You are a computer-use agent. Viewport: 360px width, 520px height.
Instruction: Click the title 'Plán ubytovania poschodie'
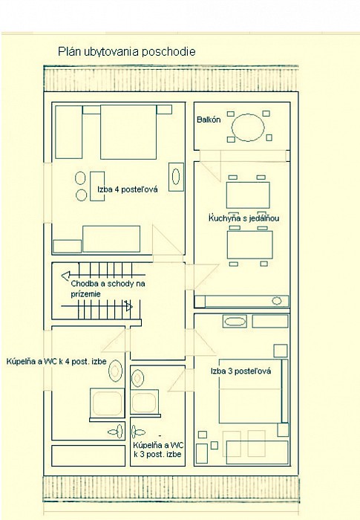point(127,52)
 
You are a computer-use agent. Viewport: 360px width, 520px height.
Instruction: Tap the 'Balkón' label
point(209,120)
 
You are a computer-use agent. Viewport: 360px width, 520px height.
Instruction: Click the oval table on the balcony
point(248,127)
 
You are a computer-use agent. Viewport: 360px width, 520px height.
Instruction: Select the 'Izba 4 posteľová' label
point(128,189)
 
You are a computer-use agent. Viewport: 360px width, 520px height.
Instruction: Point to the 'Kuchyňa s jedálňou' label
point(243,218)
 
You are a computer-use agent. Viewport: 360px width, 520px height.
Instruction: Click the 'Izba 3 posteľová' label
point(240,371)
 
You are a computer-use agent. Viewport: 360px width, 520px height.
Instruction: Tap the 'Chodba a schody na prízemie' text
point(108,288)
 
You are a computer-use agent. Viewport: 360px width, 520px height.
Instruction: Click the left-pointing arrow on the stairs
point(103,275)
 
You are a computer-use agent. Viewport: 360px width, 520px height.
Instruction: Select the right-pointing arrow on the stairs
point(96,306)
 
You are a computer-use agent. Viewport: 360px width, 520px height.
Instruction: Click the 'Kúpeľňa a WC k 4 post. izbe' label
point(56,361)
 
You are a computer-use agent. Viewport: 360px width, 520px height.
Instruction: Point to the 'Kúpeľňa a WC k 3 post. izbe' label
point(158,449)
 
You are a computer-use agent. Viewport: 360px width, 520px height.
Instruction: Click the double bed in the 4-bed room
point(128,132)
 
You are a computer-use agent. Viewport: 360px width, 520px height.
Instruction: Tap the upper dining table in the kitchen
point(248,195)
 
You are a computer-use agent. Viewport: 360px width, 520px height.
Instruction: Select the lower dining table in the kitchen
point(249,244)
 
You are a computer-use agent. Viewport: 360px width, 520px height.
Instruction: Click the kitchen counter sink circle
point(277,301)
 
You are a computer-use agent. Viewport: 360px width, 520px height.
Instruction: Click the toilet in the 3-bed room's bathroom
point(138,432)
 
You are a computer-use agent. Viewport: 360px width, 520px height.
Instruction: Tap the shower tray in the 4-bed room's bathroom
point(107,403)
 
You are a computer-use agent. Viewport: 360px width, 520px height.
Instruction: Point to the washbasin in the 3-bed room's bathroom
point(137,378)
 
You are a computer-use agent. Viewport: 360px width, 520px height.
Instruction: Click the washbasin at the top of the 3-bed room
point(235,322)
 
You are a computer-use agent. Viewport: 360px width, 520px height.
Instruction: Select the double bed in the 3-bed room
point(250,391)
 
